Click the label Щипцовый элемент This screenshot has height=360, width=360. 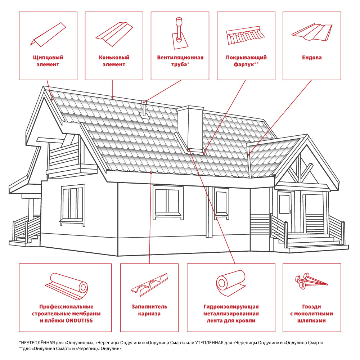48,61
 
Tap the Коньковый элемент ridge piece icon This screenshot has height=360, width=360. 114,34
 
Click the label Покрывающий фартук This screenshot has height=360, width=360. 246,61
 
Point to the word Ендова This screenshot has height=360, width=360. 312,58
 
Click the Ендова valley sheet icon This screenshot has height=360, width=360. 312,32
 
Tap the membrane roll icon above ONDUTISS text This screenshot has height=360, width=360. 66,286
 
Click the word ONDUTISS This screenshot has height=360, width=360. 79,320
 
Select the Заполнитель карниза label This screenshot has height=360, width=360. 149,310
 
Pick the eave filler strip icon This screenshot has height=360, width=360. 149,285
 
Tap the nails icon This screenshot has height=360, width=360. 311,281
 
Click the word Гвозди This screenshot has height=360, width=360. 311,307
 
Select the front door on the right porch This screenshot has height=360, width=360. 284,211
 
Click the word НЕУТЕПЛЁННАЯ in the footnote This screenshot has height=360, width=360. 38,343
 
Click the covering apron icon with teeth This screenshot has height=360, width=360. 245,35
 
